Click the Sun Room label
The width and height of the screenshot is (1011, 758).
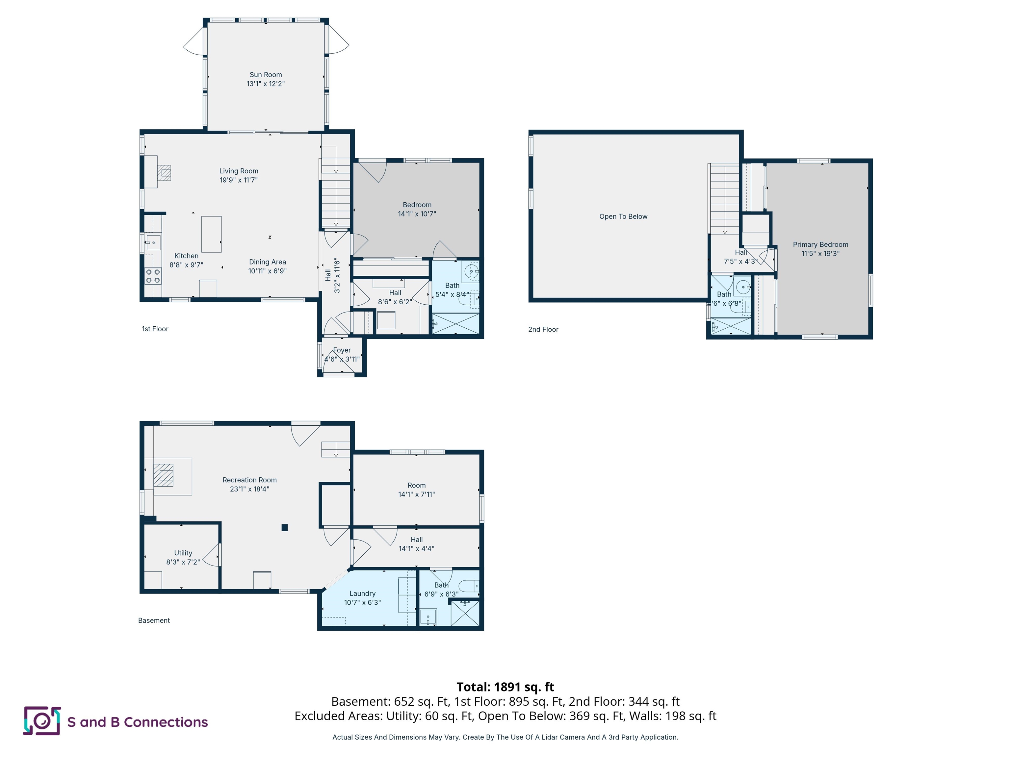266,74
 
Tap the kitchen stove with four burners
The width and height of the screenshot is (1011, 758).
153,276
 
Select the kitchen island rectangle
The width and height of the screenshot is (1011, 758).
211,234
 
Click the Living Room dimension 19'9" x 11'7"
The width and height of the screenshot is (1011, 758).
239,180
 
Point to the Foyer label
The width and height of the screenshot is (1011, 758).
342,350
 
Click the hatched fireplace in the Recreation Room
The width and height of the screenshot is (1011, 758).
163,475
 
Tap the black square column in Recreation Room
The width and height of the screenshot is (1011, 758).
284,527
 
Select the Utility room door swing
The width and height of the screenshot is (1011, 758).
211,555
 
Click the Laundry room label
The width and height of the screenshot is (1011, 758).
362,593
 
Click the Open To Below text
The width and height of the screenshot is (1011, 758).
623,216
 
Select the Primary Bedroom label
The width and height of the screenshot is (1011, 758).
820,244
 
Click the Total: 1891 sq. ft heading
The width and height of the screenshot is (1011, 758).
505,687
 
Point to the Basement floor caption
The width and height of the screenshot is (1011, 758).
154,620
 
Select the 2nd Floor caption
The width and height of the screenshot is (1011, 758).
543,329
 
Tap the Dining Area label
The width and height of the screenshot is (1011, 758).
267,262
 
